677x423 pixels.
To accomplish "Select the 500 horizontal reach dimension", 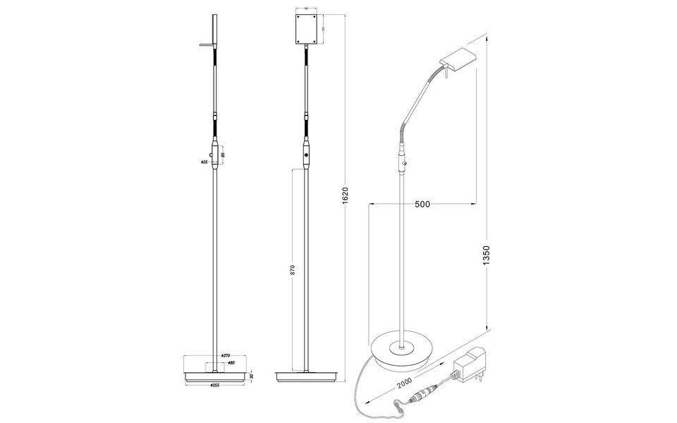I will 422,204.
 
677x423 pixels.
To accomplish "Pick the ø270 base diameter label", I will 226,356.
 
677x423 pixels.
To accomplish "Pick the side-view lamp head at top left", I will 214,32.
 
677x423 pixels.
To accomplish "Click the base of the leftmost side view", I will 216,373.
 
